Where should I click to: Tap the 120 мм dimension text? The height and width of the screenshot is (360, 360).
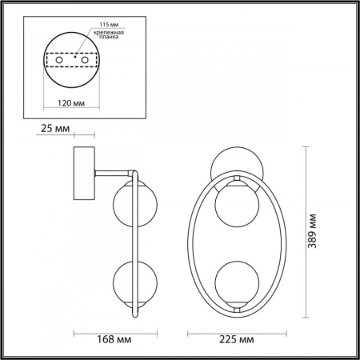(x=74, y=103)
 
